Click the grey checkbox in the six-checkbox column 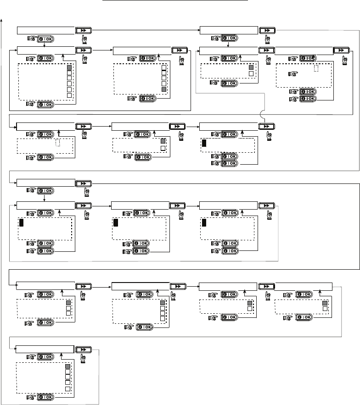[x=70, y=67]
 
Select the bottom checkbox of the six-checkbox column [x=70, y=95]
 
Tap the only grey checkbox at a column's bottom [x=164, y=89]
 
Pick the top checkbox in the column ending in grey [x=164, y=67]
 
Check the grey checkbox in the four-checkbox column [x=162, y=303]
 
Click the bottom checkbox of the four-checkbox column [x=162, y=318]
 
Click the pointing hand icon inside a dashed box [x=289, y=73]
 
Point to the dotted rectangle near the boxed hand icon [x=316, y=68]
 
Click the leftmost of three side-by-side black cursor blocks [x=21, y=223]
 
